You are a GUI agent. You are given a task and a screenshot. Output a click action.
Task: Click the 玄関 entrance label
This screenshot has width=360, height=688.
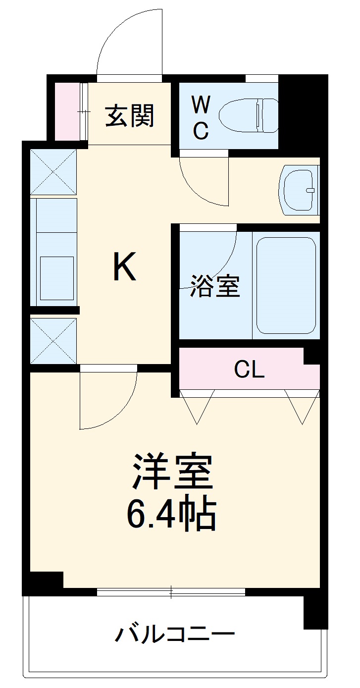tap(130, 116)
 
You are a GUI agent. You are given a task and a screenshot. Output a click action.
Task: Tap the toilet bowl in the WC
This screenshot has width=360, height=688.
tap(248, 115)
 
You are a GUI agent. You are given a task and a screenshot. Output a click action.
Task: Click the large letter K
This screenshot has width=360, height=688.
tap(124, 266)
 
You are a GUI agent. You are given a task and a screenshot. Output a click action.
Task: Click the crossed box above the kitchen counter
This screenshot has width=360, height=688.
tap(53, 171)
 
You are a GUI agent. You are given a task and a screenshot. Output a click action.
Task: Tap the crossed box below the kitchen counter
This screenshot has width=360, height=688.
tap(53, 341)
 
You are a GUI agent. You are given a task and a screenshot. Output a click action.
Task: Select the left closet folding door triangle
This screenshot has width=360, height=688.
tap(197, 405)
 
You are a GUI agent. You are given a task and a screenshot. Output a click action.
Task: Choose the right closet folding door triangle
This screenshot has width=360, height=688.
tap(302, 405)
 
